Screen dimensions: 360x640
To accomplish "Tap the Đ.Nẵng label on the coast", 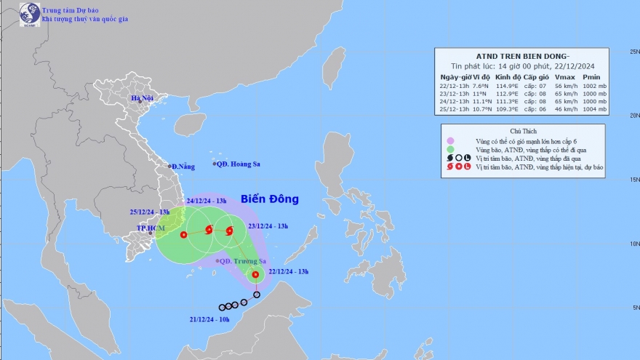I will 184,167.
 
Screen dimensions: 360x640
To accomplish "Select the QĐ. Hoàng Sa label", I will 237,164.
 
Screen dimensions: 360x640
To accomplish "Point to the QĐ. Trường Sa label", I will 244,261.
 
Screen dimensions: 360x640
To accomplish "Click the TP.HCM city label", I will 151,228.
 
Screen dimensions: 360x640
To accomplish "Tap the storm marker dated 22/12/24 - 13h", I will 255,275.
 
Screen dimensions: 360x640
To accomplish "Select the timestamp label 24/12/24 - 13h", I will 207,201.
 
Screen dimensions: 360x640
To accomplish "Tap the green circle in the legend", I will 451,148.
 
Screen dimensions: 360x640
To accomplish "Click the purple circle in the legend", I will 451,140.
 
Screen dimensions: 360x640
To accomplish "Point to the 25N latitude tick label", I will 633,52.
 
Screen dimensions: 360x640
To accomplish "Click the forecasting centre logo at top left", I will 29,14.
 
